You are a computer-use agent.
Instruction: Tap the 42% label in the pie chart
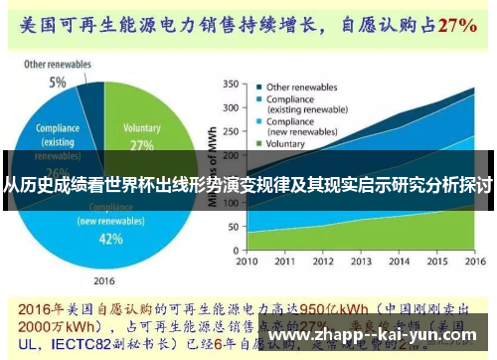pyautogui.click(x=111, y=239)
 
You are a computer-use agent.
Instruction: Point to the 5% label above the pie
pyautogui.click(x=58, y=83)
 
